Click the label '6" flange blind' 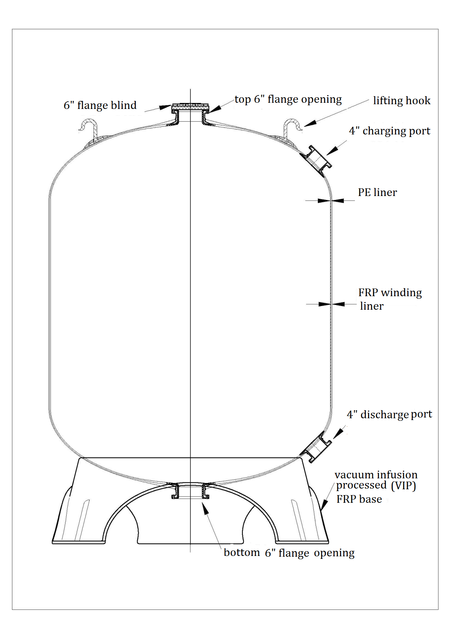100,105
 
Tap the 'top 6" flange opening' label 288,99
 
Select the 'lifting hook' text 401,101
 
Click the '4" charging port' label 389,131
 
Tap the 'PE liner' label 377,192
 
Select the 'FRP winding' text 390,293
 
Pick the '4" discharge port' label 389,415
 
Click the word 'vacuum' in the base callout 354,475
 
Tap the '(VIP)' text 403,485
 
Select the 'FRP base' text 359,499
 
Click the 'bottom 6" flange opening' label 289,553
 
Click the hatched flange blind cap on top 190,107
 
